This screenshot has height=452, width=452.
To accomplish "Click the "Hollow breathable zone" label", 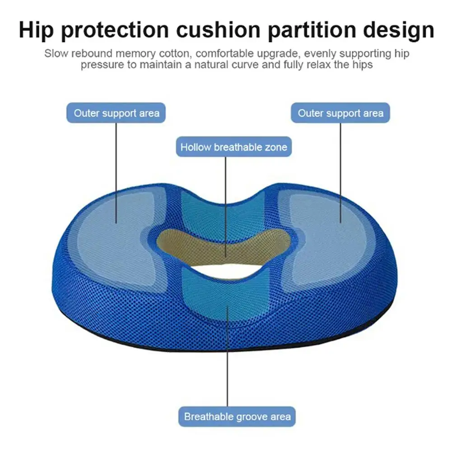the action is click(x=233, y=147).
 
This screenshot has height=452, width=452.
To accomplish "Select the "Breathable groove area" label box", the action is click(x=237, y=416).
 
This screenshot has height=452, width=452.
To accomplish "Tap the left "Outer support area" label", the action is click(x=116, y=113).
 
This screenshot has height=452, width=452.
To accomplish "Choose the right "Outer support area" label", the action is click(x=340, y=113).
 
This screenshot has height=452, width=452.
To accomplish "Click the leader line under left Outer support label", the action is click(x=116, y=172).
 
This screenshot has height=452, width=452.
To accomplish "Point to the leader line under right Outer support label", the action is click(x=340, y=172).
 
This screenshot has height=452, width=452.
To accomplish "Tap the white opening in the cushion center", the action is click(x=228, y=270).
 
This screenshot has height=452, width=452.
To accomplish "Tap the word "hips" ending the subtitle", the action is click(x=362, y=65).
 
